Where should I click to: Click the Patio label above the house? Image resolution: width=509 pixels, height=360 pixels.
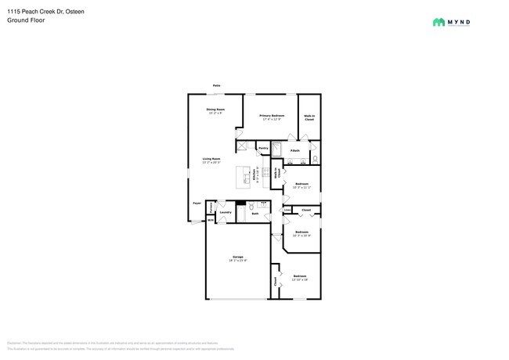point(215,85)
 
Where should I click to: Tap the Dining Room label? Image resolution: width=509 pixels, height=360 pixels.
point(215,110)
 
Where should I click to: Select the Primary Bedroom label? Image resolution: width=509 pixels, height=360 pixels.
point(272,116)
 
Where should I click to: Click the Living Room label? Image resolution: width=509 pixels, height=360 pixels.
point(211,159)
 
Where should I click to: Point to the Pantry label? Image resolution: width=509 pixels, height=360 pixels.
point(263,147)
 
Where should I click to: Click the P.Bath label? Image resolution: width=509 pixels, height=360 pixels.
point(294,150)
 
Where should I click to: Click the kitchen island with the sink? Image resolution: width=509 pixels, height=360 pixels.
point(246,178)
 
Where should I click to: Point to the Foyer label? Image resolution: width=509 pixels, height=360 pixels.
point(197,203)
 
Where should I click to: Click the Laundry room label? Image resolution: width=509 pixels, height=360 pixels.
point(225,212)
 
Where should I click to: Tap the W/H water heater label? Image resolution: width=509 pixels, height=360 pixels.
point(210,221)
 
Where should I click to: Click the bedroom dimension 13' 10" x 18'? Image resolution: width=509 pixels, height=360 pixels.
point(300,279)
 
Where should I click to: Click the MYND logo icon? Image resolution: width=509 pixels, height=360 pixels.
point(439,23)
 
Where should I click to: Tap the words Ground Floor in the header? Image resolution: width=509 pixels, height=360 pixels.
point(27,20)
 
